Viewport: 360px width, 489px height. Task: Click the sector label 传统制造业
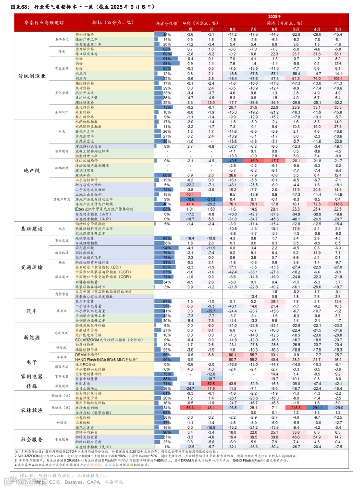32,76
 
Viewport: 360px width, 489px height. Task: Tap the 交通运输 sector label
32,266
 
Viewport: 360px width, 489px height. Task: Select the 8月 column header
233,30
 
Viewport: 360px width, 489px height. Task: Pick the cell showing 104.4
337,79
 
